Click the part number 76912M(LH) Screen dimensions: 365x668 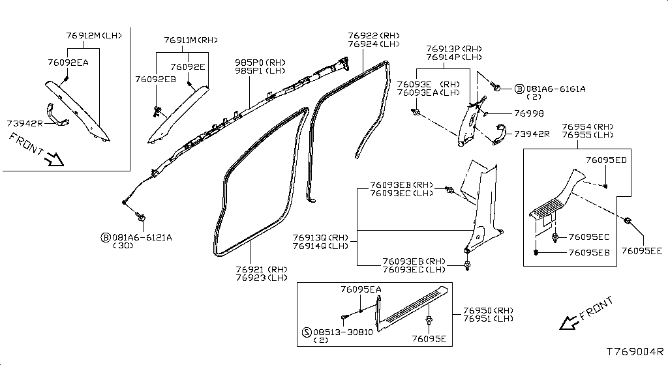(x=94, y=35)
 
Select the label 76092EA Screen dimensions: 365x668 (x=68, y=62)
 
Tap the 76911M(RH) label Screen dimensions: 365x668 (x=190, y=40)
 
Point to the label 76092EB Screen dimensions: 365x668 (x=155, y=79)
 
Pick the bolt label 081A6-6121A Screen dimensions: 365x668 (x=142, y=237)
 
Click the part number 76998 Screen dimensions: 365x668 (x=528, y=113)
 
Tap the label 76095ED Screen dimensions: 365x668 (x=606, y=160)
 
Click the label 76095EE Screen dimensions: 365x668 (x=641, y=250)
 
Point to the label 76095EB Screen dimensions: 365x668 (x=589, y=252)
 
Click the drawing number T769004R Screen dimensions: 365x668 (x=635, y=351)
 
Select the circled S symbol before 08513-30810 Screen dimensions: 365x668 (x=307, y=332)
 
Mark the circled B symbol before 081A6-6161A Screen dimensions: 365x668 (x=519, y=89)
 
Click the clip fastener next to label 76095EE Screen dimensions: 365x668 (x=628, y=221)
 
